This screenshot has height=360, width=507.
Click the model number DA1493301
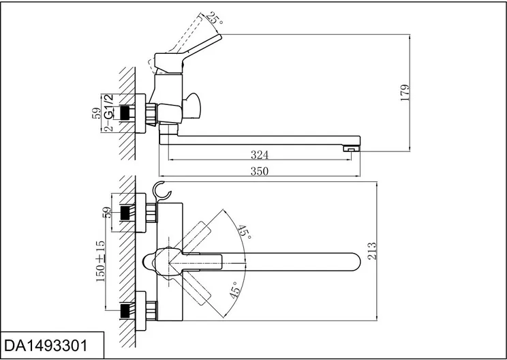click(x=46, y=346)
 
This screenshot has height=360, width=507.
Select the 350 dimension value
click(x=260, y=170)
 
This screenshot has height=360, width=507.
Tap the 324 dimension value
click(x=260, y=155)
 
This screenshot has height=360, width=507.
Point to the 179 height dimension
click(x=405, y=93)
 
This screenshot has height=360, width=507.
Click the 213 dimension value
click(x=373, y=251)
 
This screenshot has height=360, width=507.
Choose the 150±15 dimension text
click(x=101, y=261)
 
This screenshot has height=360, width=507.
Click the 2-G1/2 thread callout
click(x=110, y=112)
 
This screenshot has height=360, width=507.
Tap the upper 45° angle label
click(x=245, y=232)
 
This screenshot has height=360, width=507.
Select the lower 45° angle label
click(x=235, y=290)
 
